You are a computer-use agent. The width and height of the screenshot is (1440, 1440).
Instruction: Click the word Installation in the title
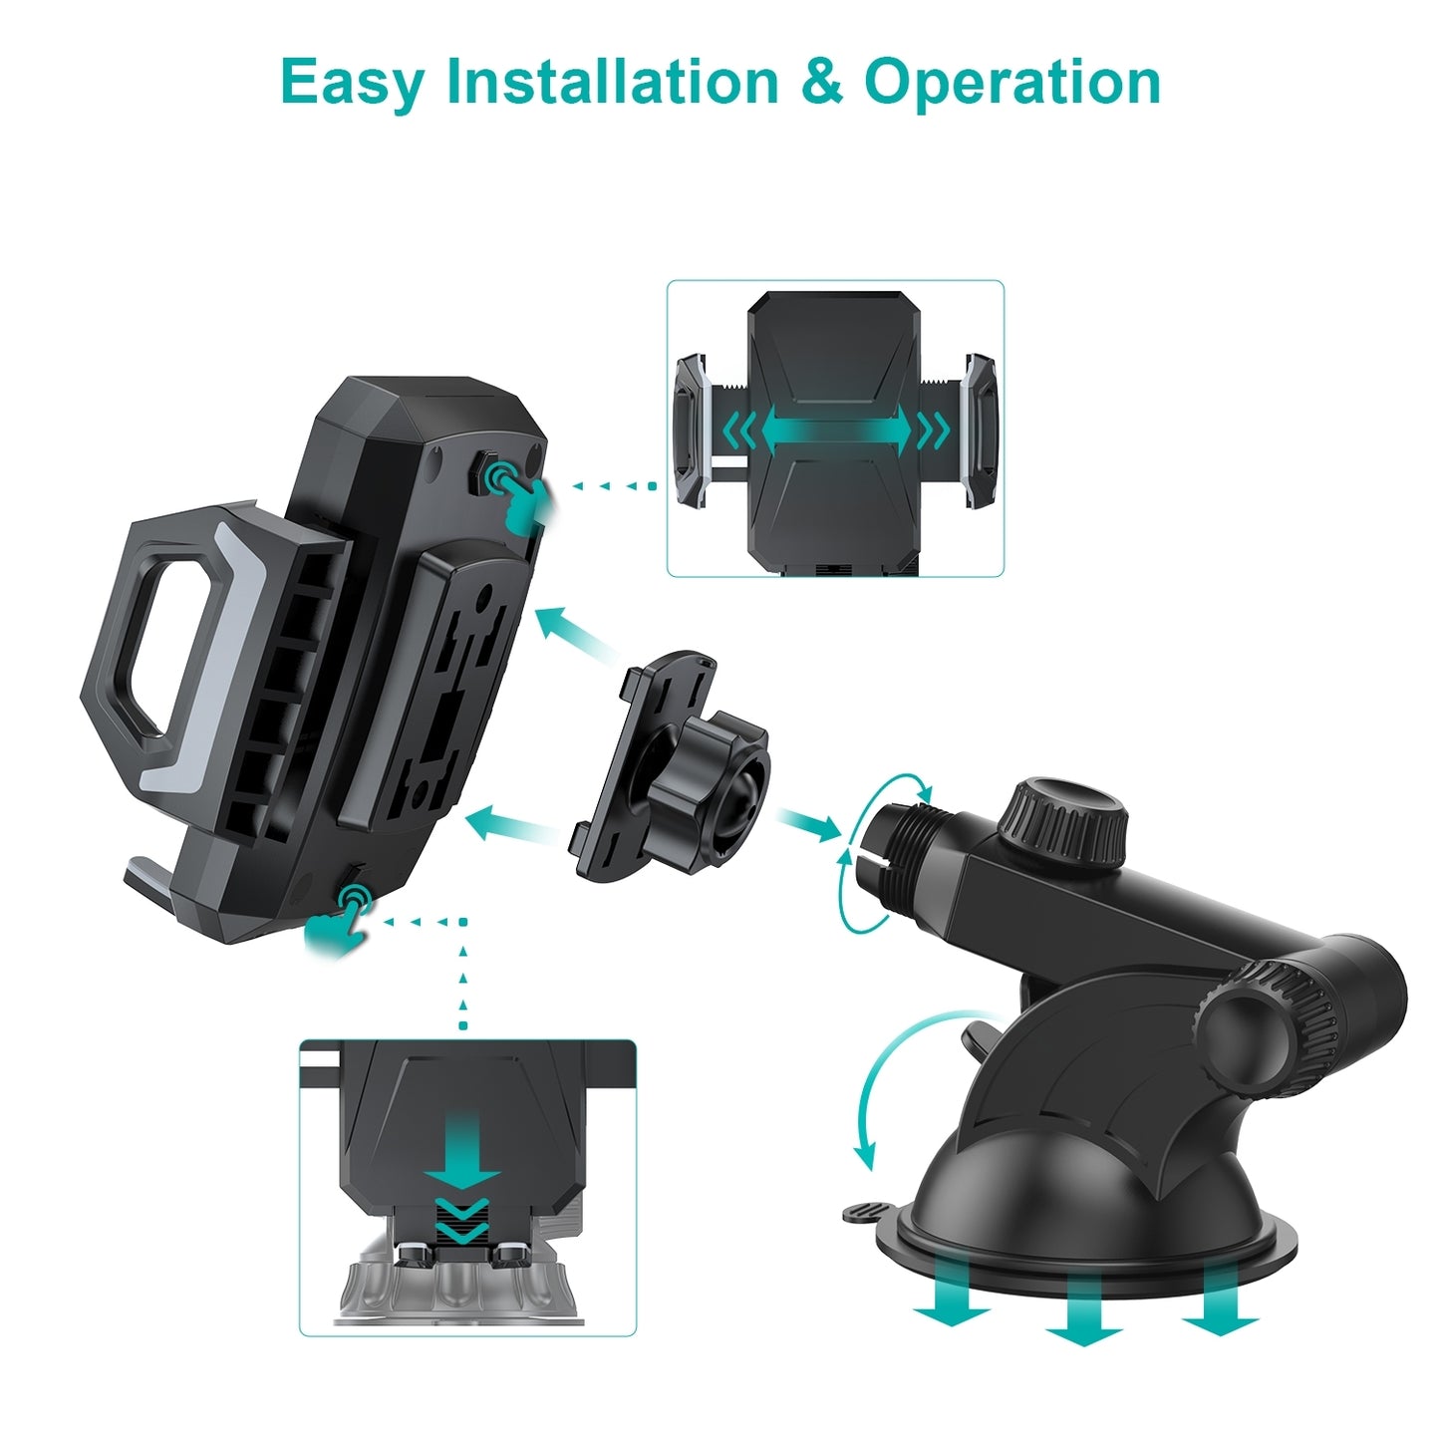[613, 81]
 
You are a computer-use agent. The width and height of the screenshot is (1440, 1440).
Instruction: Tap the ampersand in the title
[822, 81]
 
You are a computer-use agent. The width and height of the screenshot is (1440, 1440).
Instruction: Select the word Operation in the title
[1011, 84]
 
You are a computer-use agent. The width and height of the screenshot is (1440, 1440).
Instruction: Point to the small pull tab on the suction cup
[871, 1212]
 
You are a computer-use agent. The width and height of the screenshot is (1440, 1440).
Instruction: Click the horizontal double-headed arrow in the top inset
[836, 431]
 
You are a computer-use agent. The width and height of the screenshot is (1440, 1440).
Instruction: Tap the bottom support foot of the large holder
[161, 881]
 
